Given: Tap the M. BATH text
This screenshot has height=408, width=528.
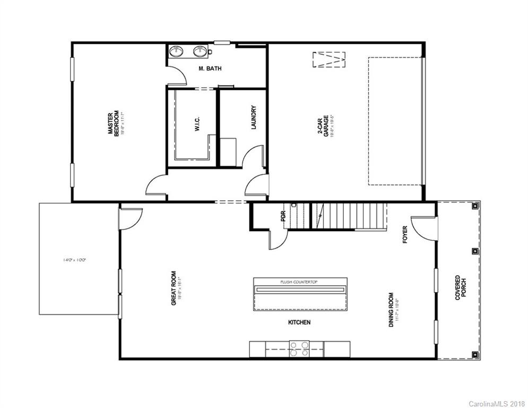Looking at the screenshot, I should click(x=210, y=69).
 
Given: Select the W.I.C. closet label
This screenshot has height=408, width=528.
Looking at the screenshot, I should click(x=196, y=125).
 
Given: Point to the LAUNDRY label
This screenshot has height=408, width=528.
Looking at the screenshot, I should click(x=254, y=117).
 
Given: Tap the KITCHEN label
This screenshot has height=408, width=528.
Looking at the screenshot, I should click(x=299, y=322).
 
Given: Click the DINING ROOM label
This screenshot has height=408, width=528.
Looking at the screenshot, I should click(x=393, y=310).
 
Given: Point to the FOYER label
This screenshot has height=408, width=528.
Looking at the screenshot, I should click(x=405, y=234).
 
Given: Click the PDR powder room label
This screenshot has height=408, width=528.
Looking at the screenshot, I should click(x=283, y=217).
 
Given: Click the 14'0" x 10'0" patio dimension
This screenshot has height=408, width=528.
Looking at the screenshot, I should click(x=74, y=260).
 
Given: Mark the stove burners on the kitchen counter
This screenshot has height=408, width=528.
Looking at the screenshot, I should click(x=299, y=348).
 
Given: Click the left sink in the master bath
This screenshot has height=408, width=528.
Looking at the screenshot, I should click(x=177, y=52).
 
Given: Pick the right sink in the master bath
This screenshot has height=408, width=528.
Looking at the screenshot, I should click(x=200, y=52).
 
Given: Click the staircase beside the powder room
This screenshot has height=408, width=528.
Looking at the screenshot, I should click(x=348, y=215).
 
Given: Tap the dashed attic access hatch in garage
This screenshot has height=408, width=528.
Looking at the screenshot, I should click(x=329, y=59).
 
